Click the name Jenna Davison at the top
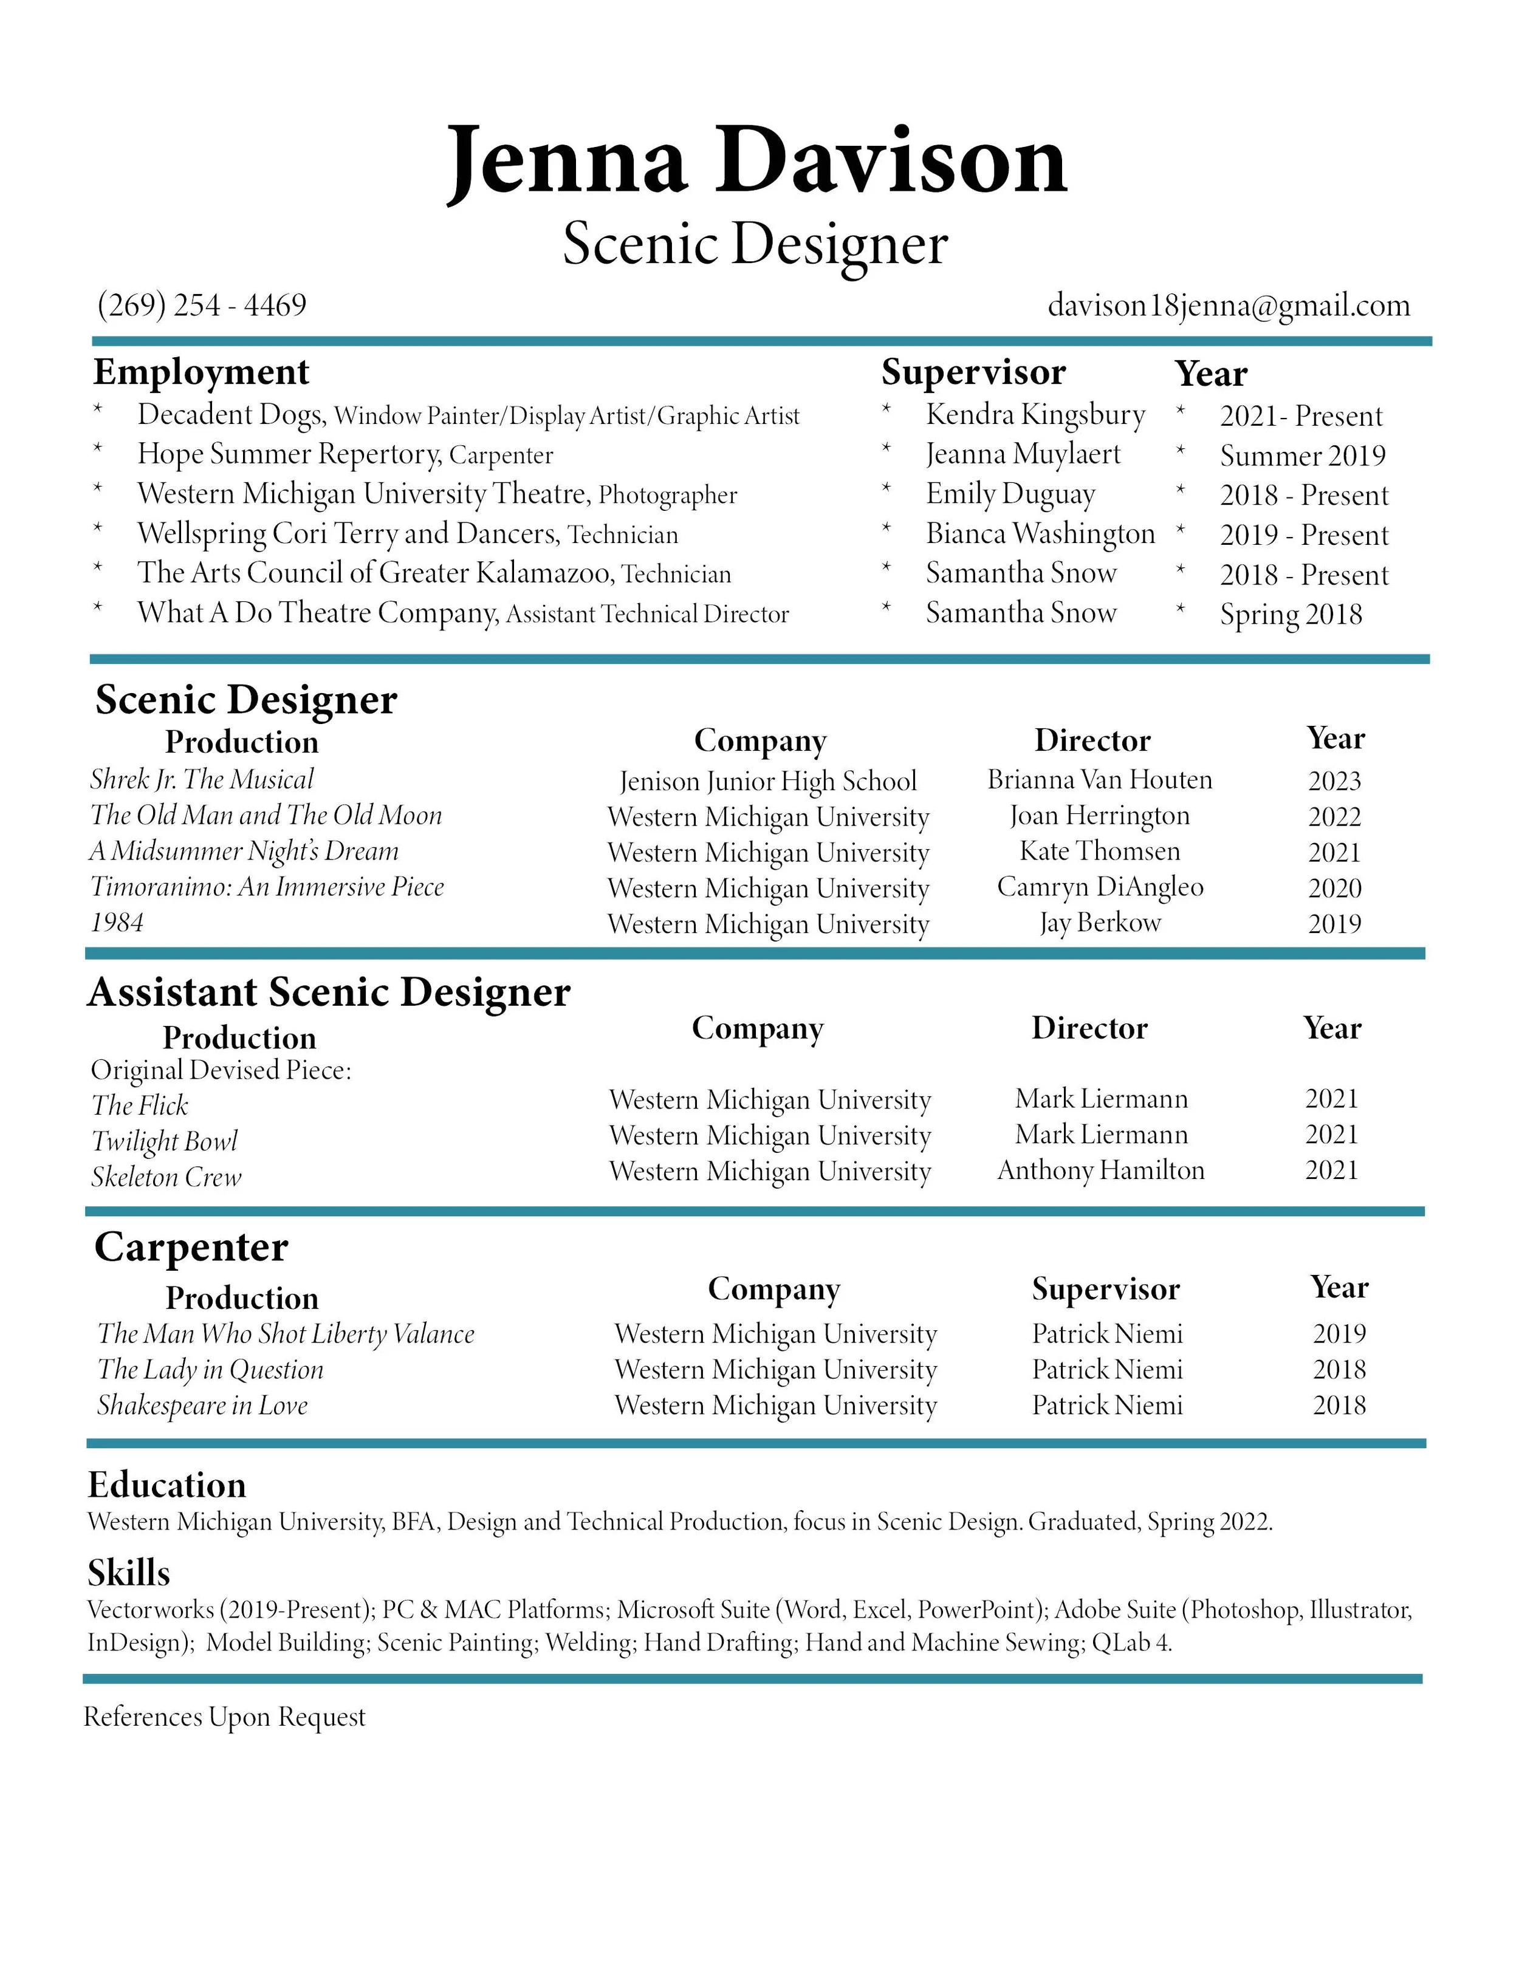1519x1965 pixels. [757, 162]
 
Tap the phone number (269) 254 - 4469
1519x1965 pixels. [202, 306]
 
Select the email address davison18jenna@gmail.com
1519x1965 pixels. [1229, 306]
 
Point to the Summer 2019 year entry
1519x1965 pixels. [1301, 456]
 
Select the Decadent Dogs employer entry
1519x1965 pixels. [230, 415]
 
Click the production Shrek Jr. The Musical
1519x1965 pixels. [202, 779]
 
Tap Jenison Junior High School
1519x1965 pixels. [767, 781]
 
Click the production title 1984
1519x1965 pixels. [117, 922]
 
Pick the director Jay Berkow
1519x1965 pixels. [1100, 922]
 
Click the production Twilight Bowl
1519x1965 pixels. [164, 1141]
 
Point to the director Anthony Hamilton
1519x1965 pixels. [1100, 1170]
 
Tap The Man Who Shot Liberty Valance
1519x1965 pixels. [285, 1333]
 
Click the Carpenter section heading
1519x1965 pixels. [191, 1247]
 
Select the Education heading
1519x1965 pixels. [166, 1485]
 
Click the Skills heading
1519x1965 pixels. [129, 1573]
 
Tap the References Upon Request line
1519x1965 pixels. [224, 1717]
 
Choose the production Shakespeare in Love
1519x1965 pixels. [202, 1406]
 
